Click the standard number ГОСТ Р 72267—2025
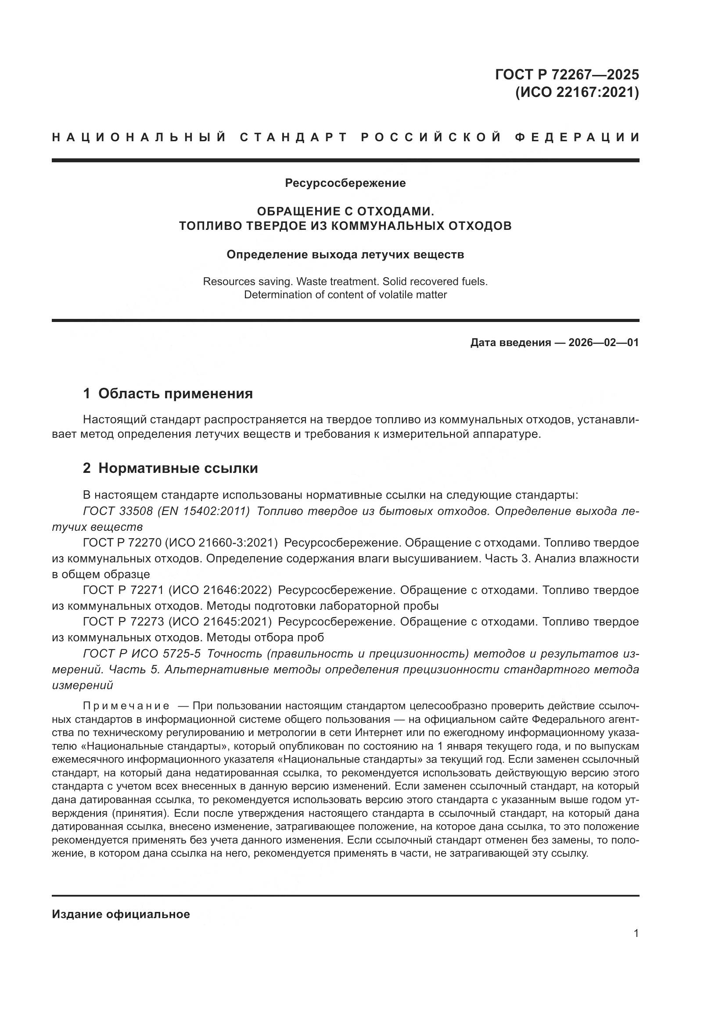566,75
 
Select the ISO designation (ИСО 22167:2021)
577,93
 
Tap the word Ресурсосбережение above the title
345,183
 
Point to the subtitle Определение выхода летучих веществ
345,254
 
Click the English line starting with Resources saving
345,282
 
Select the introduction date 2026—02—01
603,343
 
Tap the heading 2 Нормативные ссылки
170,468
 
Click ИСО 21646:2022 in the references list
220,590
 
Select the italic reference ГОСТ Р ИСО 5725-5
142,653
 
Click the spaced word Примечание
126,706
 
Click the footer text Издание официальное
121,914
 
